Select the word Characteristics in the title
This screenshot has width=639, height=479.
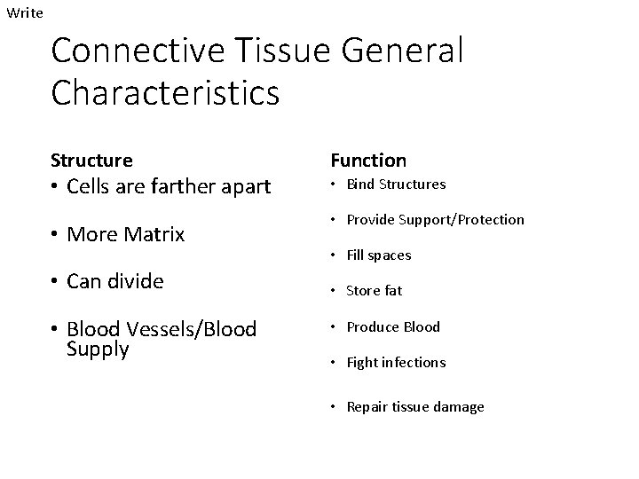165,91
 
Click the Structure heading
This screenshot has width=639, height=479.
91,161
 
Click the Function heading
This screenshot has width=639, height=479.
368,161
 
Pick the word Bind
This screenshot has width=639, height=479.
359,185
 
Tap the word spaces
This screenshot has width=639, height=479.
390,255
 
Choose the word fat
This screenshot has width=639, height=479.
392,291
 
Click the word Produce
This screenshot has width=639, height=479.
373,326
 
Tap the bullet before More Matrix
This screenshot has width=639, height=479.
55,234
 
